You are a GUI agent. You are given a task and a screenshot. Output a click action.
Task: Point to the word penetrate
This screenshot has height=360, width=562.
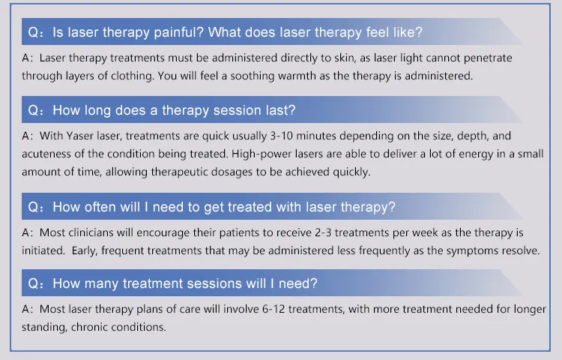(487, 58)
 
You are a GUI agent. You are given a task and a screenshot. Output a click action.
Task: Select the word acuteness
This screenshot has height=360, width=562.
(50, 154)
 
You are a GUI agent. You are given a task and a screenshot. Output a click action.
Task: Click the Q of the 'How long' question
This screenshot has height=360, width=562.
(34, 110)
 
